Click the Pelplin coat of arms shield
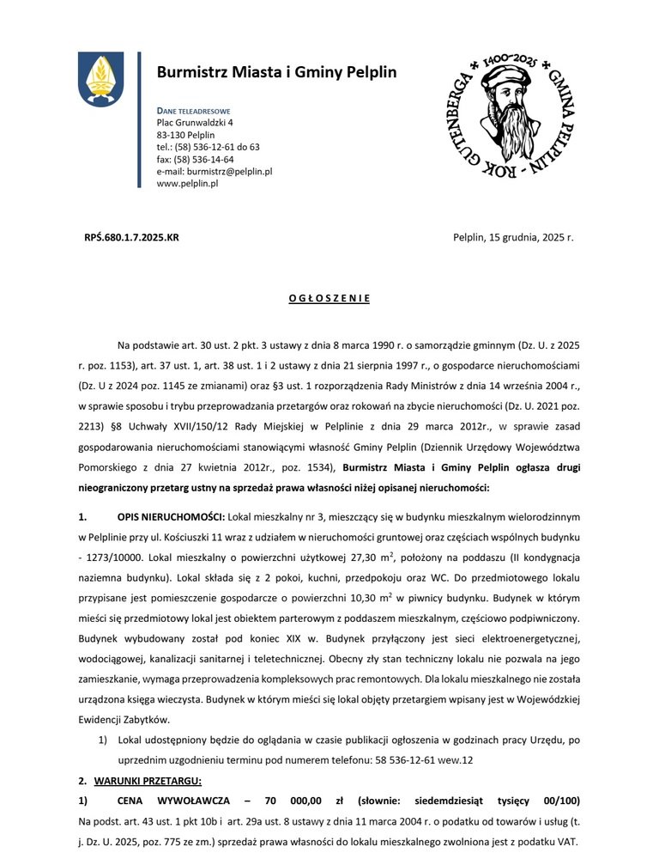(x=100, y=79)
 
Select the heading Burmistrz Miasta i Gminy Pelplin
(x=276, y=72)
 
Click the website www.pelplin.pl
(x=187, y=183)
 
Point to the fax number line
(x=195, y=159)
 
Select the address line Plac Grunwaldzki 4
(x=195, y=123)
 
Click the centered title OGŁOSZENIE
(x=329, y=298)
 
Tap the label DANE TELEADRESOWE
(x=193, y=112)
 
